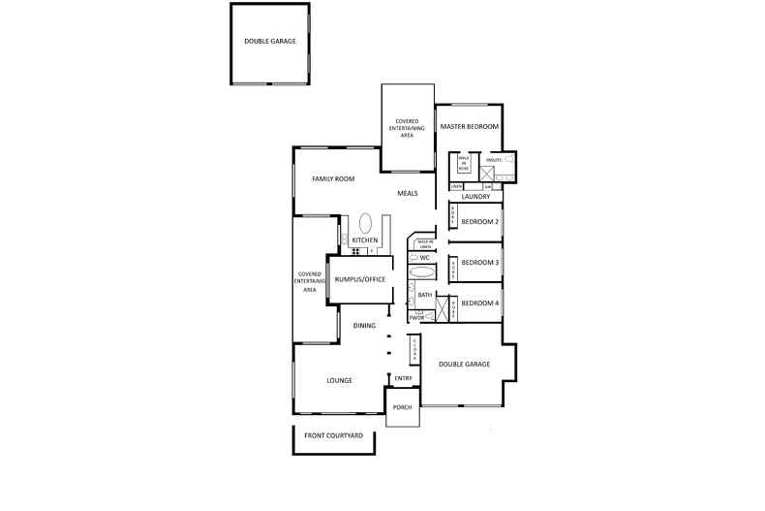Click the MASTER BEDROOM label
pos(470,127)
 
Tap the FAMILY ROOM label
pos(332,179)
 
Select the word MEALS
pos(408,193)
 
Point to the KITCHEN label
pos(364,240)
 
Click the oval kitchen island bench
pos(366,222)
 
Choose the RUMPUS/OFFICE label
pos(360,279)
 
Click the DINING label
pos(364,326)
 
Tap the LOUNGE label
pos(339,380)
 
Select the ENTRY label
pos(404,378)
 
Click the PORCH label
pos(402,407)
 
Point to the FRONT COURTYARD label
pos(333,436)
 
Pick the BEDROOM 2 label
pos(479,222)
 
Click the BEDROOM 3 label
pos(479,263)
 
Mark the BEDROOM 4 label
pos(479,303)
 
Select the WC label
pos(423,257)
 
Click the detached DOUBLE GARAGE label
pos(270,42)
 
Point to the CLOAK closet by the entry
pos(413,345)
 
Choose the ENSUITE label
pos(492,158)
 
